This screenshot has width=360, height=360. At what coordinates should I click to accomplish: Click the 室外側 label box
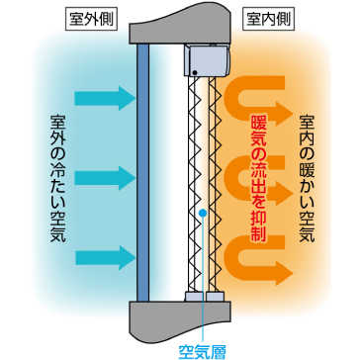click(91, 21)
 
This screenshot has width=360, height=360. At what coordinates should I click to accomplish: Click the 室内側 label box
click(268, 21)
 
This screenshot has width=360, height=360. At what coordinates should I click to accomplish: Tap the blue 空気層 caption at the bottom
click(202, 351)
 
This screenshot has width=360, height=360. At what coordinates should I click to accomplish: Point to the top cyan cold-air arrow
click(105, 98)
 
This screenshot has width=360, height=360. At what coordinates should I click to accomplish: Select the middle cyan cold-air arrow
click(105, 178)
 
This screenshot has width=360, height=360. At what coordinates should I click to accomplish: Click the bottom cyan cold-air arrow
click(105, 258)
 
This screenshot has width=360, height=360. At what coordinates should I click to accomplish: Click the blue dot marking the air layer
click(203, 214)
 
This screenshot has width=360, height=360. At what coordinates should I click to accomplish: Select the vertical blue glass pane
click(142, 172)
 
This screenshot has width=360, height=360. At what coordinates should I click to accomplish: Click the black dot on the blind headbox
click(195, 72)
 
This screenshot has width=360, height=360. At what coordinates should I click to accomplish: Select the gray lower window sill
click(180, 320)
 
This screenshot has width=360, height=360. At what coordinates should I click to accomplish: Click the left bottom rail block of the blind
click(194, 297)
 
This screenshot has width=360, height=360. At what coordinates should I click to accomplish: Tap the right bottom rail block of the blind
click(215, 297)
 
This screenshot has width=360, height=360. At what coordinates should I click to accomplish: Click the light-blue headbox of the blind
click(207, 61)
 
